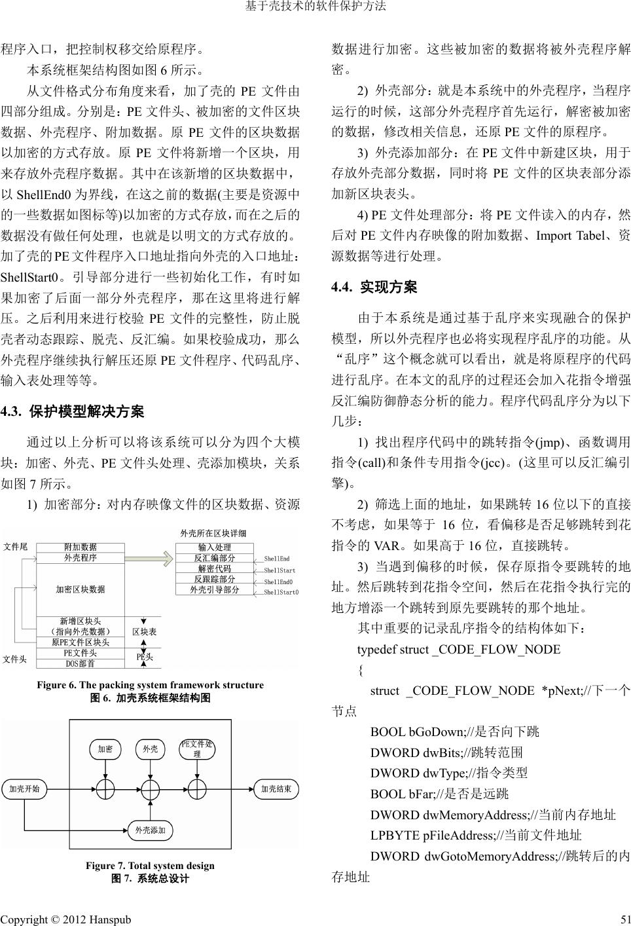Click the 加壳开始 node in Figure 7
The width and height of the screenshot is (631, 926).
point(24,788)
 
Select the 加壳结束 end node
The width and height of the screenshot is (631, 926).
point(276,788)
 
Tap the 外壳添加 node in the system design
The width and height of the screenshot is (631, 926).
point(150,830)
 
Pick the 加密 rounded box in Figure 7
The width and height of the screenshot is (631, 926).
point(105,749)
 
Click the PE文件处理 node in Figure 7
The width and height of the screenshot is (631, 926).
point(196,749)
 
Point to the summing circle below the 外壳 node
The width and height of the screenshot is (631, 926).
point(151,789)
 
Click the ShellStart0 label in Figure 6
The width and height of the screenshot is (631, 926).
point(281,593)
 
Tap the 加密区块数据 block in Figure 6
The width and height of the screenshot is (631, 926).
point(80,589)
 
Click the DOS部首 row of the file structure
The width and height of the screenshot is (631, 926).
point(80,663)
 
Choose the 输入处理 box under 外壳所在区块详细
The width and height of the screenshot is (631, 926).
point(214,547)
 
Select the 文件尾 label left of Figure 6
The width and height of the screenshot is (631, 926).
point(15,547)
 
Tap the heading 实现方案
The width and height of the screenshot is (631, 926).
point(388,287)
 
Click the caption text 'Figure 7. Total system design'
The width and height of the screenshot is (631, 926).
point(150,866)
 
